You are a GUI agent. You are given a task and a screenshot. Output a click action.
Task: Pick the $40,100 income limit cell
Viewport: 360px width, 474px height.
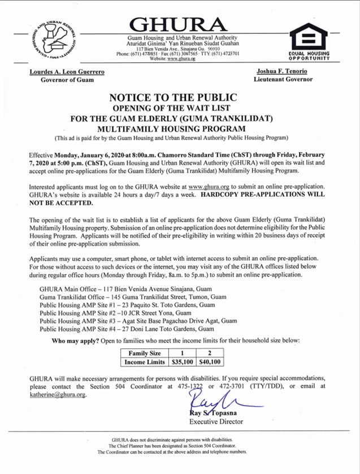click(210, 361)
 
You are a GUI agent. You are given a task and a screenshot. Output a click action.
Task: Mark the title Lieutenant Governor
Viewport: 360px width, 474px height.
click(283, 80)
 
